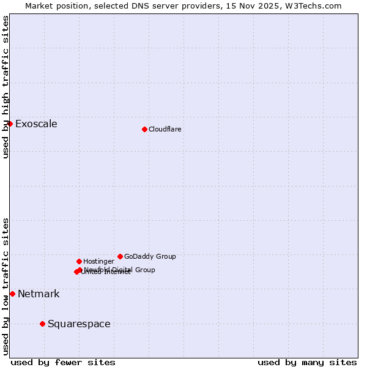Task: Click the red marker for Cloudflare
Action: (144, 129)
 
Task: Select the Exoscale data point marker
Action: (10, 124)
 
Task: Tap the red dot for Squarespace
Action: (42, 324)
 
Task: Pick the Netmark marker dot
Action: (12, 294)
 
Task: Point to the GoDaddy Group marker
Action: (120, 256)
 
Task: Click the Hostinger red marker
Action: (79, 261)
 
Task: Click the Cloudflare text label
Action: (165, 129)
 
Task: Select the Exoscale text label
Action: (36, 124)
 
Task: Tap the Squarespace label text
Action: (79, 324)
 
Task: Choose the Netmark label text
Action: (39, 294)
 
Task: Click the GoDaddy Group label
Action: (150, 256)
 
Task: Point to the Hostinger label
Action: (98, 261)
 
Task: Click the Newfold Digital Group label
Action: (120, 269)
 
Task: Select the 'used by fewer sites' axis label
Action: (63, 362)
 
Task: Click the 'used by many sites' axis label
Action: (307, 362)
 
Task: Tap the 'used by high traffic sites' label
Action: (6, 87)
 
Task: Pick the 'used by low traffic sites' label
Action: (6, 286)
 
